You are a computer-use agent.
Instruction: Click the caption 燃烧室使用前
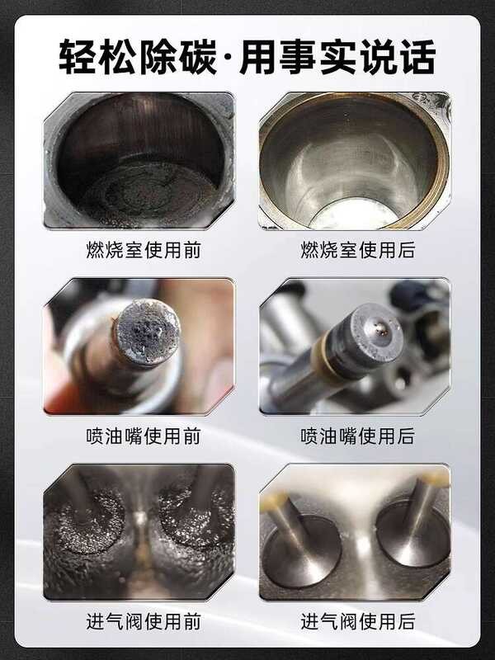(x=144, y=250)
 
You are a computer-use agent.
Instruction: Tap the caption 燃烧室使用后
(x=358, y=250)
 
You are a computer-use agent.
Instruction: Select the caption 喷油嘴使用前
(x=144, y=436)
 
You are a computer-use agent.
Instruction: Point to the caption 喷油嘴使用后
(x=358, y=436)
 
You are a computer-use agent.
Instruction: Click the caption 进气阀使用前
(x=144, y=622)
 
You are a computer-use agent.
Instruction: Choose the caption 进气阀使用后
(x=358, y=622)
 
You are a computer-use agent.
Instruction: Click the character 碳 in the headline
(x=198, y=57)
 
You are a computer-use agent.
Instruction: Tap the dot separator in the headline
(x=229, y=57)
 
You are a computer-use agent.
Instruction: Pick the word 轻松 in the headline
(x=97, y=57)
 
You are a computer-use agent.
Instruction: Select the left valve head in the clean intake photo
(x=302, y=551)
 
